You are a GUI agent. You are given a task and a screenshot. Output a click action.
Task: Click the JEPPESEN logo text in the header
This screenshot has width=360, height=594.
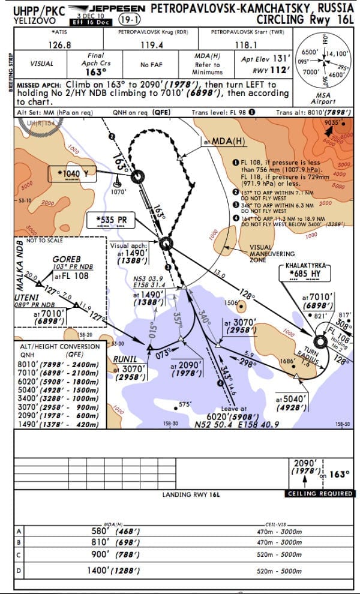click(112, 8)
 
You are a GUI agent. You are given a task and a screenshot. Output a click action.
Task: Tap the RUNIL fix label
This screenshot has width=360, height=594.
click(125, 359)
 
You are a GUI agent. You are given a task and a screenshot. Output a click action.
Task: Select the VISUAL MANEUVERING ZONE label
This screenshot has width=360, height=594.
click(260, 252)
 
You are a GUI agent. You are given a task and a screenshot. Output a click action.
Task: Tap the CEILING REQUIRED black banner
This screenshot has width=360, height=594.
click(320, 493)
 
